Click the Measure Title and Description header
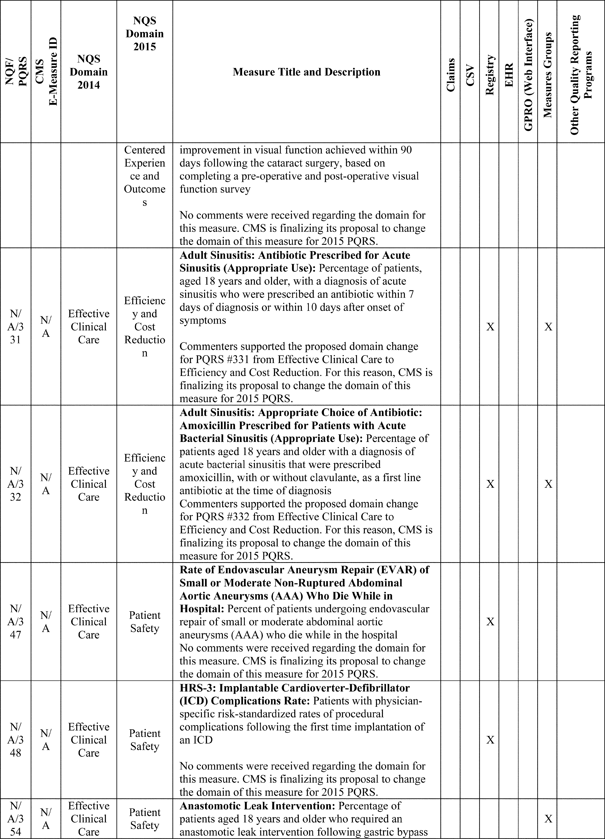[x=306, y=72]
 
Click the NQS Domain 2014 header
[x=89, y=72]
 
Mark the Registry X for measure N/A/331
[x=490, y=327]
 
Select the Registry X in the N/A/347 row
[x=490, y=621]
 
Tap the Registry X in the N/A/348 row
[x=490, y=740]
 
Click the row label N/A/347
[x=16, y=621]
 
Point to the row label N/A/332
[x=16, y=484]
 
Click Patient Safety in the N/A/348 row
[x=145, y=740]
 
